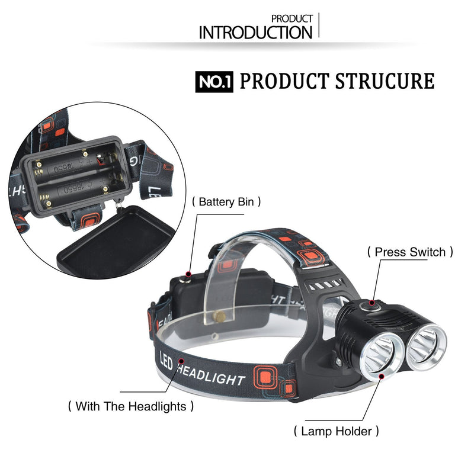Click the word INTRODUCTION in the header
(x=255, y=33)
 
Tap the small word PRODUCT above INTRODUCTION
(x=292, y=19)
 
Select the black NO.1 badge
(x=214, y=82)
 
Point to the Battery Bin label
(x=226, y=202)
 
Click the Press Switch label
(x=410, y=252)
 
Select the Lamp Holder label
(x=336, y=431)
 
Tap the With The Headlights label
(x=131, y=406)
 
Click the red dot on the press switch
(x=372, y=303)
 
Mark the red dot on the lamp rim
(x=382, y=376)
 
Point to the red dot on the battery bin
(x=188, y=274)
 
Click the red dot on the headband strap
(x=181, y=361)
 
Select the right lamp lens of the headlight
(x=425, y=347)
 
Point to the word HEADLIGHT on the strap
(x=211, y=375)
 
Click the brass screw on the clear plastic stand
(x=219, y=316)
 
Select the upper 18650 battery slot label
(x=63, y=168)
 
